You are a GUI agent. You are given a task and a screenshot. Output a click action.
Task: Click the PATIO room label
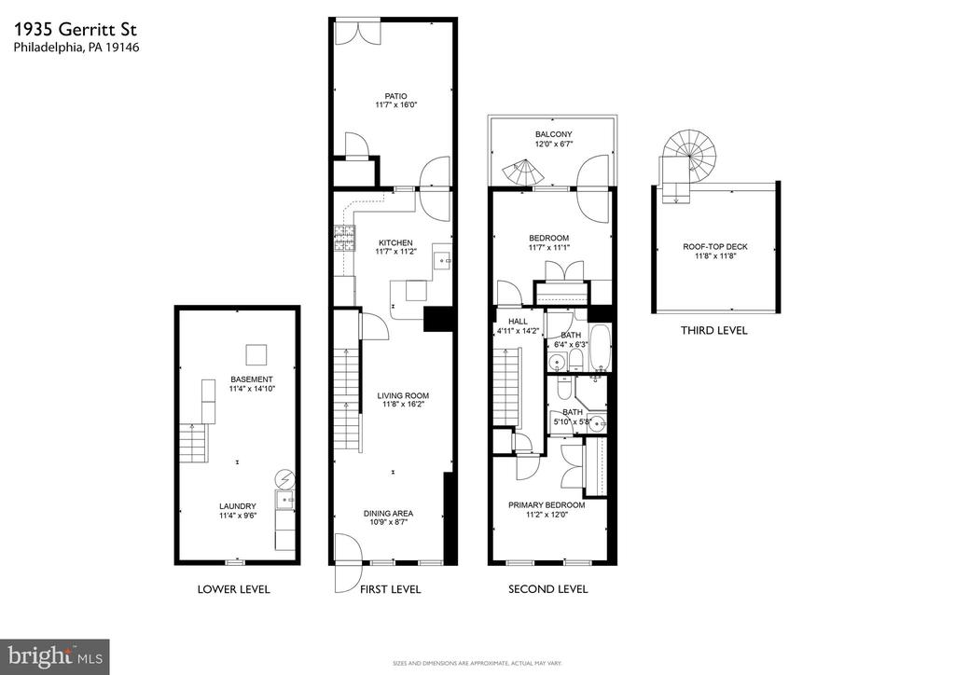pos(395,96)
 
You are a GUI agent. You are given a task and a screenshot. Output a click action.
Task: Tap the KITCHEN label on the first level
pos(395,242)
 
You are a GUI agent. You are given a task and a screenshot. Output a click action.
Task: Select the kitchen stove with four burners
pos(345,238)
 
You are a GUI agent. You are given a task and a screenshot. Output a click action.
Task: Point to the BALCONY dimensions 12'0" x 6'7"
pos(554,145)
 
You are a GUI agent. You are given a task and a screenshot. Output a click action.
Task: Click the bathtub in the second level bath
pos(600,348)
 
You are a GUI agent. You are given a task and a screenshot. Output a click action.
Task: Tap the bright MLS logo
pos(55,656)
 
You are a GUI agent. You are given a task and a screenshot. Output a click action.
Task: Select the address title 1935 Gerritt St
pos(76,29)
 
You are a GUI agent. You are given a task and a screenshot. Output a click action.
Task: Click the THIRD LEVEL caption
pos(713,330)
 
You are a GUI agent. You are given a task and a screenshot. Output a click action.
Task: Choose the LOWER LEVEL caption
pos(233,589)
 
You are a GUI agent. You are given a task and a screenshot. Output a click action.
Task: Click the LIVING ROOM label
pos(403,395)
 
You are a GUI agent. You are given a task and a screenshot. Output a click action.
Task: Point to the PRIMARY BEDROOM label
pos(547,505)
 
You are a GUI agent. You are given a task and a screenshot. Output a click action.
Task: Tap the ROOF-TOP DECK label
pos(715,246)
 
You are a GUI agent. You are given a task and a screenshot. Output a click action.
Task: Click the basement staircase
pos(194,443)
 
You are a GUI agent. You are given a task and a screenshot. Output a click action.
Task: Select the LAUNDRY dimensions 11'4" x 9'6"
pos(238,516)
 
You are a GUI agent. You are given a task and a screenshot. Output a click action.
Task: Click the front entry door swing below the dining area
pos(349,562)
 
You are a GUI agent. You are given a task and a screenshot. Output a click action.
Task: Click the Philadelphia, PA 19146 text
pos(76,48)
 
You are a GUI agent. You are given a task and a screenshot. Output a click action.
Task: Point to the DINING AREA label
pos(388,513)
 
